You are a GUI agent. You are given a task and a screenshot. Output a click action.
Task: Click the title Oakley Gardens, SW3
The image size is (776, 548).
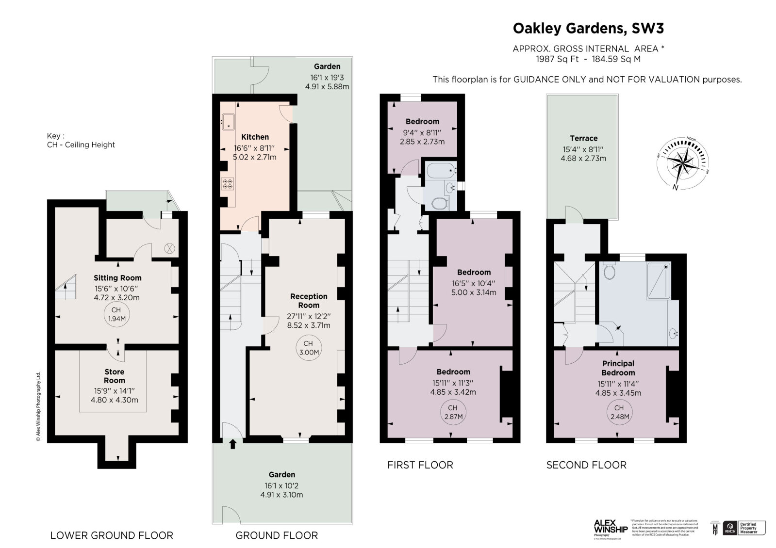click(x=588, y=29)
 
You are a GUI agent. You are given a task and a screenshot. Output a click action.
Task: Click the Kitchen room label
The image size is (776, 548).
click(x=255, y=137)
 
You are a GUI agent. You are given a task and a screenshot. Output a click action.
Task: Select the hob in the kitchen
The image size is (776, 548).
click(x=227, y=184)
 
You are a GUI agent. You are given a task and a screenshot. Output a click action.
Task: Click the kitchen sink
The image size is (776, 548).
click(x=228, y=122)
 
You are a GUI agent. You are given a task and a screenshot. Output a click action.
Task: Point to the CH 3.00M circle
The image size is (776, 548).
click(x=309, y=348)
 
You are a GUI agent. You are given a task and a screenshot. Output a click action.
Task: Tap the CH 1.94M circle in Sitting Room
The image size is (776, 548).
click(x=116, y=314)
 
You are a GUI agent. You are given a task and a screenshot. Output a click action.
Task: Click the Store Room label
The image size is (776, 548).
click(x=115, y=376)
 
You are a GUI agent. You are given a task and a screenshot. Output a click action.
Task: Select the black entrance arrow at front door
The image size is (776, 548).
click(x=232, y=443)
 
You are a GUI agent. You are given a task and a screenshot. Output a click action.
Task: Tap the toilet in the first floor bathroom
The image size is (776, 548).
click(x=439, y=203)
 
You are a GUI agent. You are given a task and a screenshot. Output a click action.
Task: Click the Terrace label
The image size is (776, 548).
click(x=583, y=138)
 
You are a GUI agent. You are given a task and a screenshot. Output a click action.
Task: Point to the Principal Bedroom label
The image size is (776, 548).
click(x=618, y=368)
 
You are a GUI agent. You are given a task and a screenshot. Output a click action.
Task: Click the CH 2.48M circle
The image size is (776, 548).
click(x=619, y=412)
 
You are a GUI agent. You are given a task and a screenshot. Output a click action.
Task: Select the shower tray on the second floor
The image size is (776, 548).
click(x=659, y=281)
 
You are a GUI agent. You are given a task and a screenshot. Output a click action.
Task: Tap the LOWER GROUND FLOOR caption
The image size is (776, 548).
click(x=112, y=535)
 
